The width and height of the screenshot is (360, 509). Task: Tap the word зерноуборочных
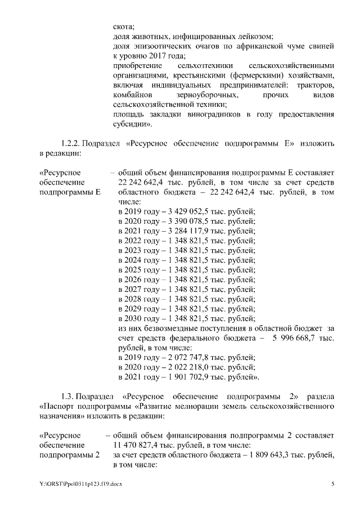[200, 94]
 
